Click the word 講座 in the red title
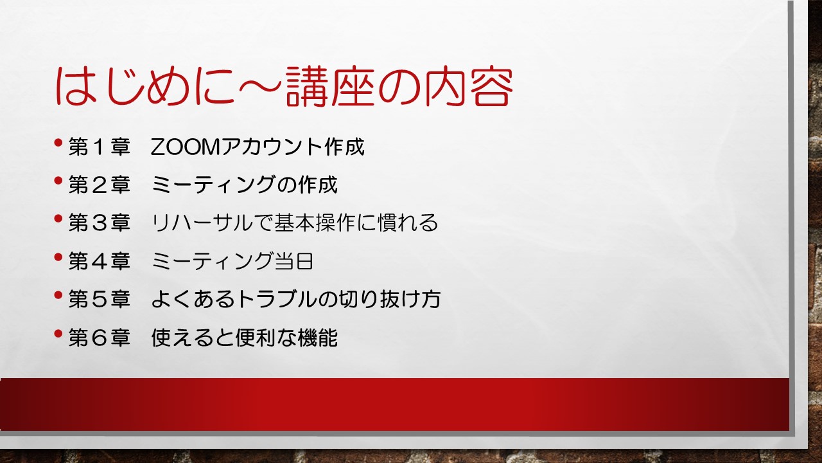[x=330, y=87]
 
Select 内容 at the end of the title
[x=469, y=87]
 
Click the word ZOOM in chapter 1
[x=186, y=147]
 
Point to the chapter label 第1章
[x=100, y=147]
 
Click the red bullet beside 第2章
[x=58, y=181]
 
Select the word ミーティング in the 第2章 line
[x=213, y=185]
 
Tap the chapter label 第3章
[x=100, y=223]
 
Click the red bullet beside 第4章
[x=58, y=257]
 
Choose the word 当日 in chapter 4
[x=293, y=261]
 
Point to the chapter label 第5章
[x=100, y=299]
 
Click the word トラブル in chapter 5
[x=276, y=299]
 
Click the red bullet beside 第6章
[x=58, y=334]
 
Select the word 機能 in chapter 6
[x=318, y=338]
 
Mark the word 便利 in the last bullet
[x=256, y=338]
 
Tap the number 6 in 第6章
[x=100, y=338]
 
